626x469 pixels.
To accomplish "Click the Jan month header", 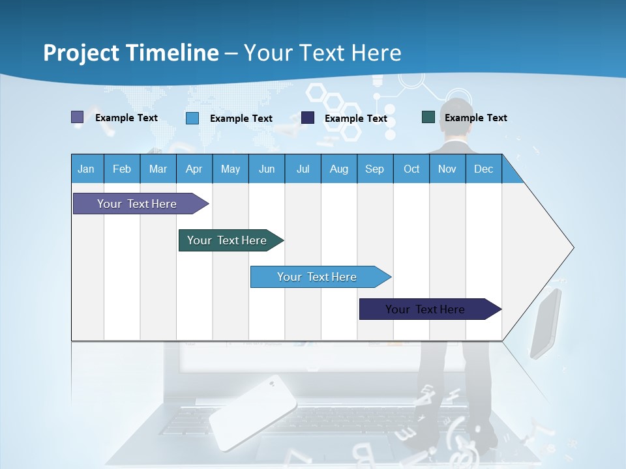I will click(x=86, y=169).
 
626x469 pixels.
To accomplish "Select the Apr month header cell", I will click(x=194, y=169).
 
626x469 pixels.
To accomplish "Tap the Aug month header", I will click(x=338, y=169).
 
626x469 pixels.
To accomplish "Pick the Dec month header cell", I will click(x=483, y=169).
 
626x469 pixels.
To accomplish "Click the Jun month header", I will click(x=267, y=169).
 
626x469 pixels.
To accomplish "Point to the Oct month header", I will click(x=411, y=169).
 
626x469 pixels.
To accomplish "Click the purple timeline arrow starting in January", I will click(x=137, y=204).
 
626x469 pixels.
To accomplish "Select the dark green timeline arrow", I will click(x=227, y=240).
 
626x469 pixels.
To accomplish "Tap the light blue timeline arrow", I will click(x=317, y=277).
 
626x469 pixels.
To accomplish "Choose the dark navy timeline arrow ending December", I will click(x=425, y=309).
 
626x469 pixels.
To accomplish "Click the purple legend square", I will click(x=77, y=117).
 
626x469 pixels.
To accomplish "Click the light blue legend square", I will click(x=192, y=118).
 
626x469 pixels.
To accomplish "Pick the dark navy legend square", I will click(x=308, y=118).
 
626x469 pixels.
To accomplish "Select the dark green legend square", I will click(x=428, y=117).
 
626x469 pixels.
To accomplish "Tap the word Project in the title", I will click(x=82, y=53).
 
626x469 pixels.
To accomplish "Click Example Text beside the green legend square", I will click(x=475, y=118).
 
